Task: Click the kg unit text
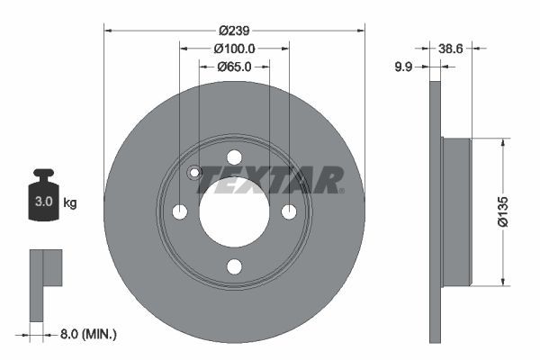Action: click(x=69, y=202)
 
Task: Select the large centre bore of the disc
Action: click(x=234, y=211)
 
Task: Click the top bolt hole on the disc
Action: click(x=234, y=157)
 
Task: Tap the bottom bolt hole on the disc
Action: click(x=234, y=266)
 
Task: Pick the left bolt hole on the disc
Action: click(x=179, y=211)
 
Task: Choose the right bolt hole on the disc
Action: click(x=289, y=211)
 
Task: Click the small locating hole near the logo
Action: click(x=193, y=174)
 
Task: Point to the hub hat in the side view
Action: click(x=456, y=211)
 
